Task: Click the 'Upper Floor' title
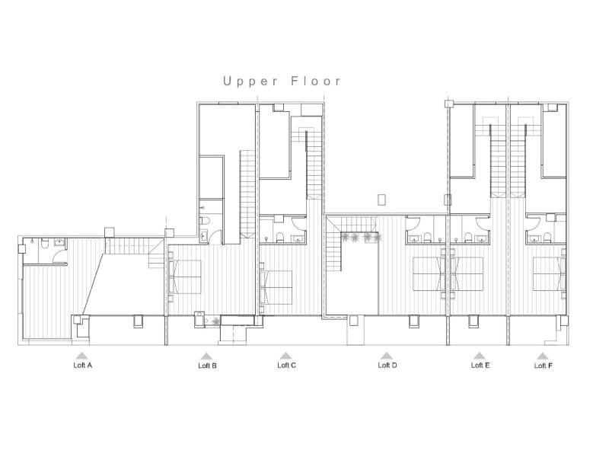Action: pos(282,81)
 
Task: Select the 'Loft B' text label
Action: pos(207,366)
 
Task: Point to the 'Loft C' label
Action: pos(287,365)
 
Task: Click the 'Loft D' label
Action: pos(387,365)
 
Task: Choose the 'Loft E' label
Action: pos(480,365)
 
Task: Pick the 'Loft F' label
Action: pos(544,365)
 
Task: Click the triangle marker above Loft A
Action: pos(81,355)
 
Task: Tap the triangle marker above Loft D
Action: pos(387,355)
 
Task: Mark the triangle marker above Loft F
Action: pos(543,355)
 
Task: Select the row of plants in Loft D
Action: pos(362,238)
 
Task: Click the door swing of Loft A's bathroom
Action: pos(32,254)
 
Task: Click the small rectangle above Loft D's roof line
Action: pos(382,200)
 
